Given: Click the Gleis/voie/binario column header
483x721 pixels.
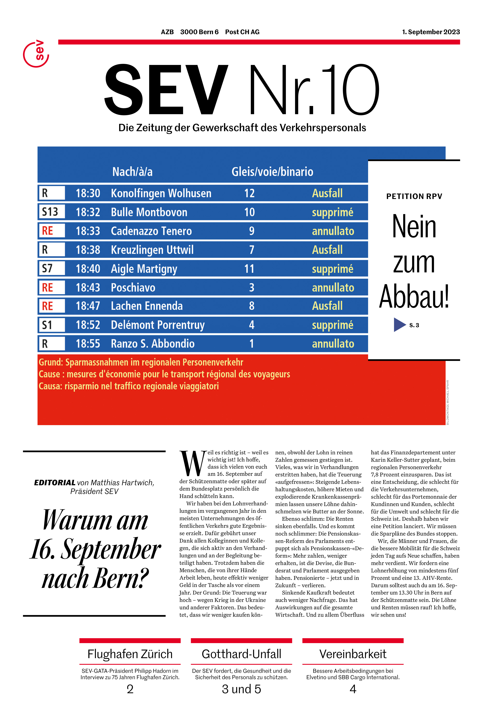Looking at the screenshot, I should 272,172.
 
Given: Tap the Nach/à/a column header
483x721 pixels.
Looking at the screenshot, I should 132,172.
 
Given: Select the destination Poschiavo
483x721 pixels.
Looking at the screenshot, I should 133,287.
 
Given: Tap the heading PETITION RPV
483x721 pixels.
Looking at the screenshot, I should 414,196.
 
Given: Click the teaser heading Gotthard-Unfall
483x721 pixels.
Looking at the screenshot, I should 242,654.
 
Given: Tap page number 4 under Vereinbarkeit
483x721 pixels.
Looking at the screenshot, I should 353,689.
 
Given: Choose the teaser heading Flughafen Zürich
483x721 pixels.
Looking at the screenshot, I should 130,654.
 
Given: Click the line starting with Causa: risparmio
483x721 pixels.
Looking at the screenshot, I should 129,386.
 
